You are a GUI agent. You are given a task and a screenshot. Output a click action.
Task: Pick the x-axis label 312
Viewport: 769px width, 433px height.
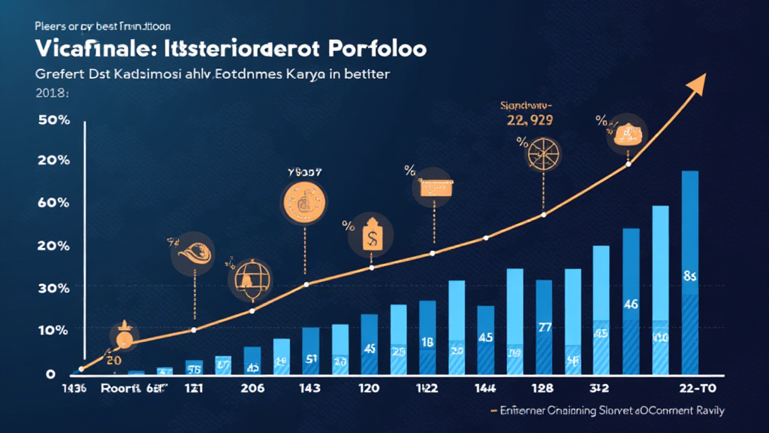click(599, 389)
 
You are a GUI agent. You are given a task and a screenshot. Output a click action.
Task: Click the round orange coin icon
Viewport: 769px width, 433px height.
click(305, 201)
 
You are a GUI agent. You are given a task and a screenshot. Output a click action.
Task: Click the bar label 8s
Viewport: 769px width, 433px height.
click(690, 277)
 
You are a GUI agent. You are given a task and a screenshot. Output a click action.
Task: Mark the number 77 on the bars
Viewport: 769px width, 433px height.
click(546, 327)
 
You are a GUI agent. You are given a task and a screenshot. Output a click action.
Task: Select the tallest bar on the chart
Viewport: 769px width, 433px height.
click(689, 271)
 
